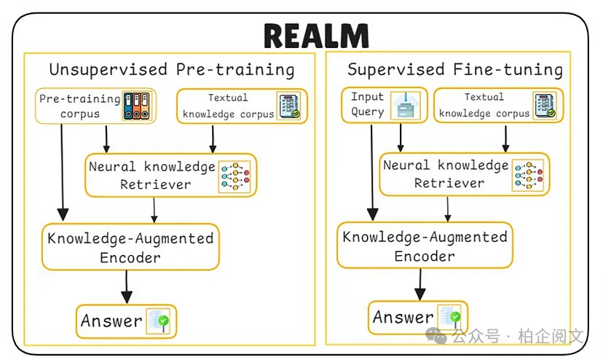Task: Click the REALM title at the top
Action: point(316,34)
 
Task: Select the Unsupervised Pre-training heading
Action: point(172,70)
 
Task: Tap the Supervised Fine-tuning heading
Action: point(455,69)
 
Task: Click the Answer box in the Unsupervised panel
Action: point(127,321)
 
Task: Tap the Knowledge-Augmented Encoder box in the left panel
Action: point(130,247)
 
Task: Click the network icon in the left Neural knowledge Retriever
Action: point(234,175)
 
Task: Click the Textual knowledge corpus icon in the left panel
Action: point(288,106)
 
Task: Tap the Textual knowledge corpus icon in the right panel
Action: point(544,105)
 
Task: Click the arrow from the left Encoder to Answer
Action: point(127,287)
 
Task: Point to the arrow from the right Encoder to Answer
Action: point(419,284)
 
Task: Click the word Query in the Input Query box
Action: point(367,111)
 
